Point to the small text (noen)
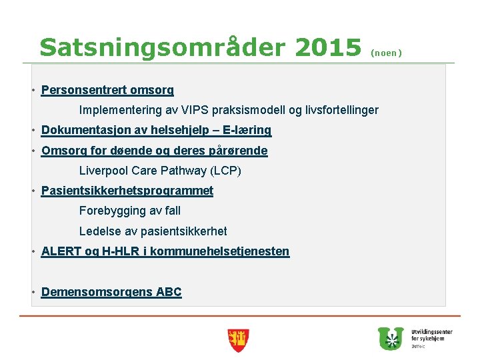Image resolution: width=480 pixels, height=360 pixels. (x=386, y=52)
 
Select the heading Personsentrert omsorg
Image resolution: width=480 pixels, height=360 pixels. (x=107, y=89)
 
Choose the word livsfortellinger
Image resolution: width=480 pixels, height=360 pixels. (x=341, y=110)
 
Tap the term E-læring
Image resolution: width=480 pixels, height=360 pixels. (x=247, y=131)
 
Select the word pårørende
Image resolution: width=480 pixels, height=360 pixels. (x=233, y=151)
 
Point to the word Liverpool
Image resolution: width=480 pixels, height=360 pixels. (x=103, y=171)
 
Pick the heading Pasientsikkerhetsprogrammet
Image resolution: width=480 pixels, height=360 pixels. (x=127, y=191)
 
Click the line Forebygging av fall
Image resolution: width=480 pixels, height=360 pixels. (x=129, y=211)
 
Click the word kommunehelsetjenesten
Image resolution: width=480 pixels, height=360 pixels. (x=220, y=251)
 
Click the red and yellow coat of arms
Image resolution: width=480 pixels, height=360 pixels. (x=237, y=340)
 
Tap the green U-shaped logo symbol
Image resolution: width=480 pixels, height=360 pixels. (x=391, y=338)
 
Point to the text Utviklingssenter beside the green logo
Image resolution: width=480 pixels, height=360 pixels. (x=431, y=331)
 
